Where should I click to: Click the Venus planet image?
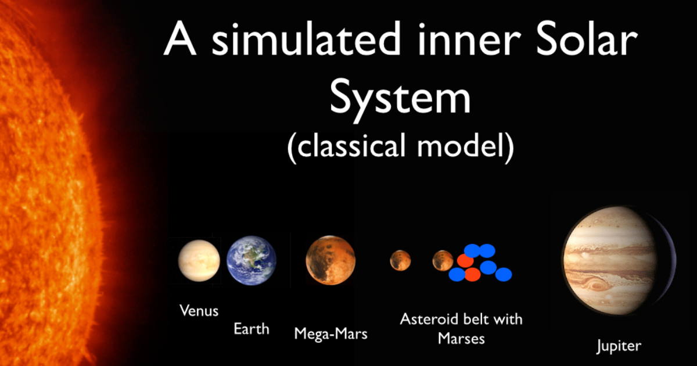(199, 261)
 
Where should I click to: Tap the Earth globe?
(251, 260)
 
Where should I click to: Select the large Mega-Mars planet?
(330, 261)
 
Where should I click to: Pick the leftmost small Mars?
(400, 260)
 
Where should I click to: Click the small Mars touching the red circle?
(443, 260)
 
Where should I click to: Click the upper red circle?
(465, 261)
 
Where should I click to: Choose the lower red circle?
(472, 274)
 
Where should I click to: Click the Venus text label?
(199, 310)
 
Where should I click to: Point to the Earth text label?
(252, 329)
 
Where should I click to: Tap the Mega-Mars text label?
(330, 334)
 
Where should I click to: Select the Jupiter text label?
(619, 346)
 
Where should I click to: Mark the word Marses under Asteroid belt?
(461, 338)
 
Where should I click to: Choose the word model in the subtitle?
(464, 146)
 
